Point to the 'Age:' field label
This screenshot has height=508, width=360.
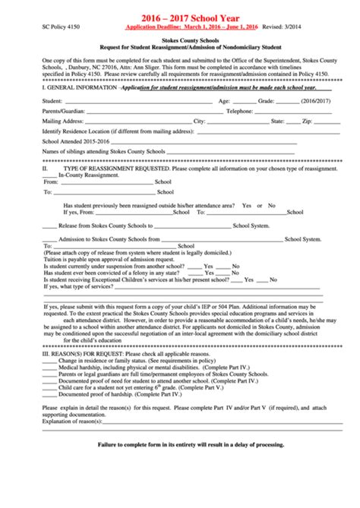click(225, 100)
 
